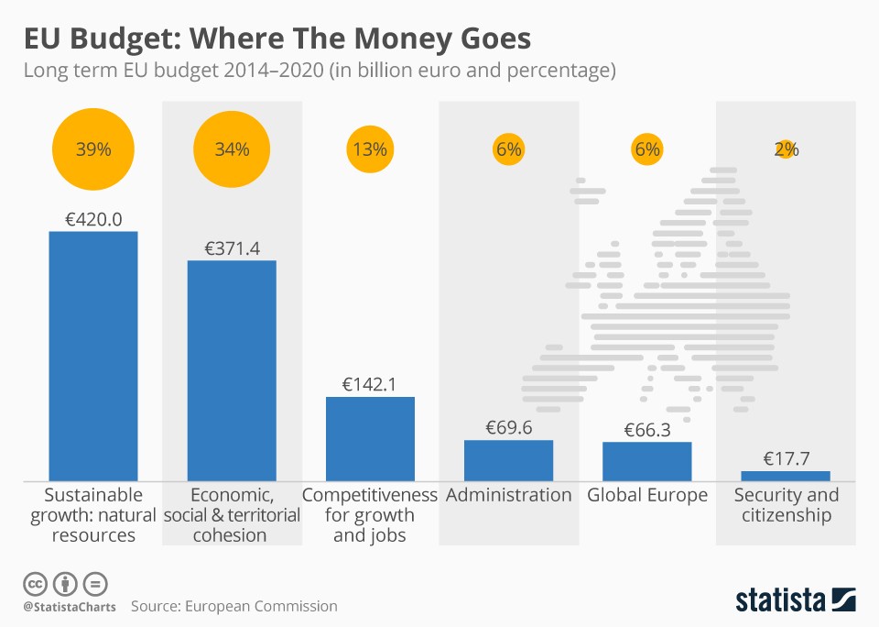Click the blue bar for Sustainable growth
pos(92,356)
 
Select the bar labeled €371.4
pos(232,370)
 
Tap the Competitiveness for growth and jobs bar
pos(370,438)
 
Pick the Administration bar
pos(508,460)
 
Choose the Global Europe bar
pos(646,461)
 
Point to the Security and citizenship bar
pos(785,476)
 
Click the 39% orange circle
pos(92,149)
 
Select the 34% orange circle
pos(232,149)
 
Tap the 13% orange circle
pos(370,149)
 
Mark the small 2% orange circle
pos(785,149)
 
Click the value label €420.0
pos(92,219)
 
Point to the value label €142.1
pos(370,385)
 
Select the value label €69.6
pos(508,428)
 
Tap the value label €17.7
pos(785,459)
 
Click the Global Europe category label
pos(646,496)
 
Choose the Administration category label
pos(508,496)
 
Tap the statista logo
pos(795,600)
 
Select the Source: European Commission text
pos(233,606)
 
